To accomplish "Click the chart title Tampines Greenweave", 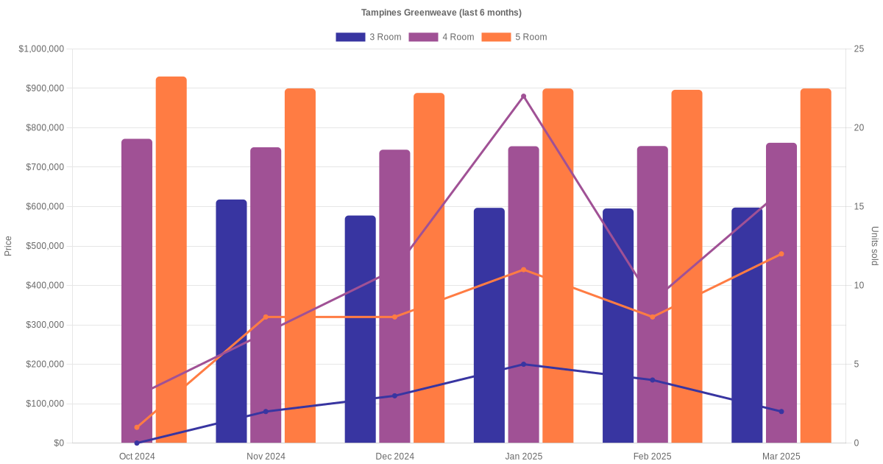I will (441, 13).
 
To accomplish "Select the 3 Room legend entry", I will (368, 37).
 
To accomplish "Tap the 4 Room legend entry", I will (441, 37).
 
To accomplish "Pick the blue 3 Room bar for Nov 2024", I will (231, 321).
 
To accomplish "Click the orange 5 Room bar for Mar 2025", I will (815, 265).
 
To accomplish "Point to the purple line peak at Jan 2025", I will (523, 96).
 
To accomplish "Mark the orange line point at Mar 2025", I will (781, 254).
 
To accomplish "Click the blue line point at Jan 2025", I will (523, 364).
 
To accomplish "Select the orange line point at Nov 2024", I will (266, 317).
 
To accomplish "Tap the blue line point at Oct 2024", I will (137, 443).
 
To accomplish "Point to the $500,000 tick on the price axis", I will (45, 246).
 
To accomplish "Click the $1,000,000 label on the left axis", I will (42, 49).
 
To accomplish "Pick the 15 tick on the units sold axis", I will (858, 206).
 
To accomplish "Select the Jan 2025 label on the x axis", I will (523, 457).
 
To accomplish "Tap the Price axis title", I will (8, 246).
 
